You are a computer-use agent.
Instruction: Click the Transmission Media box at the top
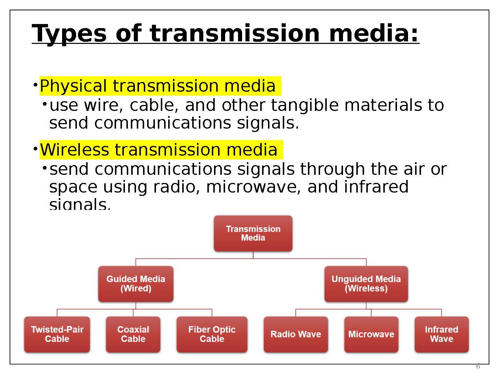pos(253,234)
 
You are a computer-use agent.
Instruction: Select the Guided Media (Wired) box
pos(136,284)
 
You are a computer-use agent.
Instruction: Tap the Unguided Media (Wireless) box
pos(366,284)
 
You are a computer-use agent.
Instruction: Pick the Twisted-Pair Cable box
pos(57,334)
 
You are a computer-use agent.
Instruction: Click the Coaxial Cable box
pos(133,334)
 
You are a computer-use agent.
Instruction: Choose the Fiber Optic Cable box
pos(212,334)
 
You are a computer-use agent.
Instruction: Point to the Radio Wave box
pos(296,334)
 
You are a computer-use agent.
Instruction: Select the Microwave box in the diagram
pos(371,334)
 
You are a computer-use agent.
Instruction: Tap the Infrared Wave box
pos(441,334)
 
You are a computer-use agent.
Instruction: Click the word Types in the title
pos(69,34)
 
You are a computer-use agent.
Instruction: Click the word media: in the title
pos(374,34)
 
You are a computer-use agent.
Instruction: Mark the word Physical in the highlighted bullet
pos(73,86)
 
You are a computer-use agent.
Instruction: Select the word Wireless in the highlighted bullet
pos(75,150)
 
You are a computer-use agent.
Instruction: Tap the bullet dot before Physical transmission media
pos(35,85)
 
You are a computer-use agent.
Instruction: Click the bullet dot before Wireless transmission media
pos(35,149)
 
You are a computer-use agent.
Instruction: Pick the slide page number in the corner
pos(478,366)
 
